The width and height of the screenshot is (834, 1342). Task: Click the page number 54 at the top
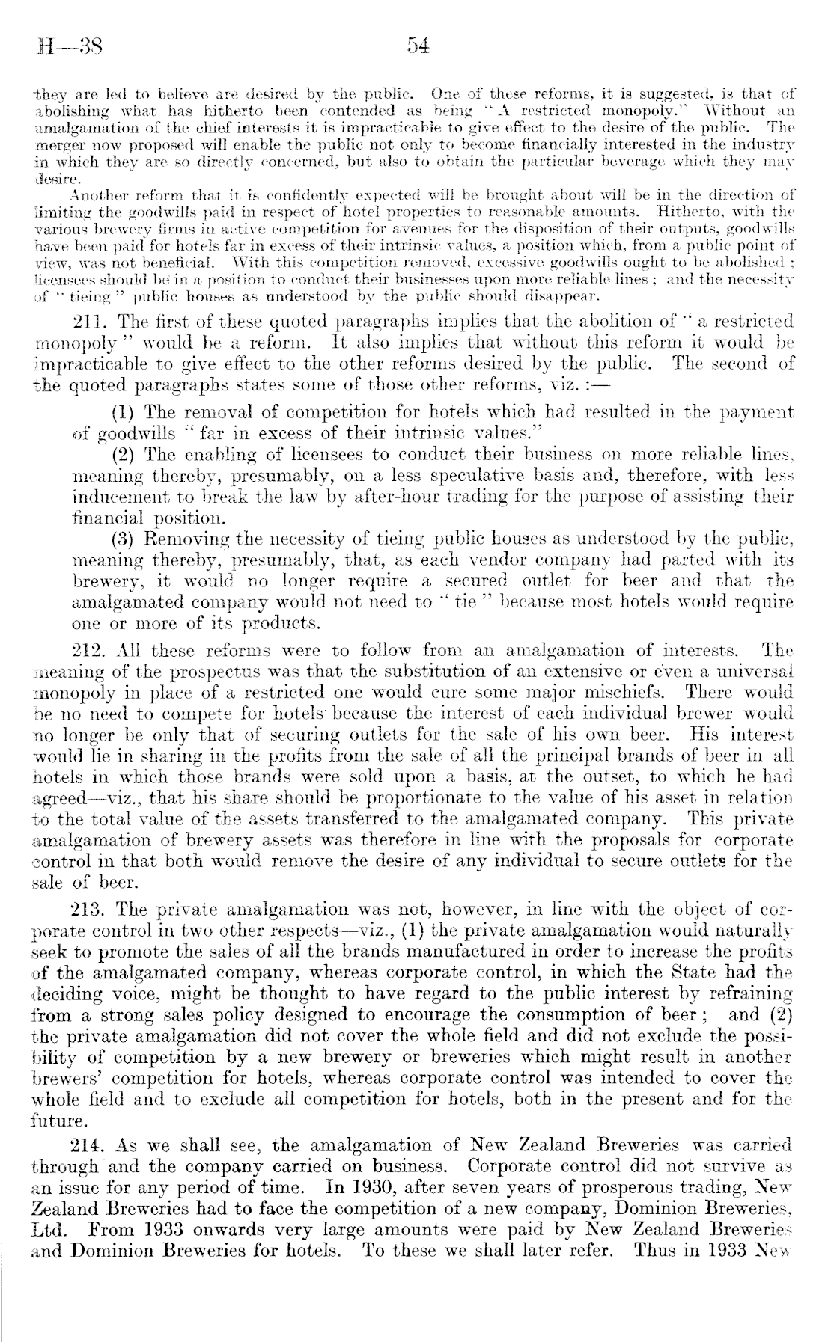(x=417, y=46)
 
